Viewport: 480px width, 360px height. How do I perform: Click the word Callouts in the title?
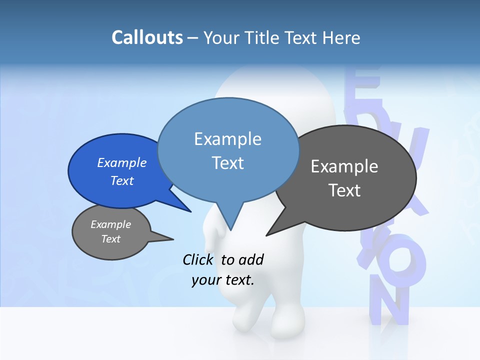pos(147,37)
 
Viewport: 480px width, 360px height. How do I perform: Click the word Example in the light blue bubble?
pos(227,139)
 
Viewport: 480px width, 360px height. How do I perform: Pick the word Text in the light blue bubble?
pos(227,163)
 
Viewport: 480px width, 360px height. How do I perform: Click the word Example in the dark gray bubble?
pos(344,166)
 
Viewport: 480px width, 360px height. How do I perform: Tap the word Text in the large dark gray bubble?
pos(344,190)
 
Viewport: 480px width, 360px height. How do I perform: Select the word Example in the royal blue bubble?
pos(122,162)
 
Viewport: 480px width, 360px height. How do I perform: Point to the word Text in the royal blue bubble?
pos(122,180)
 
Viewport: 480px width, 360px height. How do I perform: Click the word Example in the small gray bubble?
pos(110,224)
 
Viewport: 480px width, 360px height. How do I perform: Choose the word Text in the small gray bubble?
pos(110,239)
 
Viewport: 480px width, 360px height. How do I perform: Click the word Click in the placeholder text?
pos(198,259)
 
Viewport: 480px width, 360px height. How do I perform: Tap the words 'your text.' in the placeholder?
pos(223,280)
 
